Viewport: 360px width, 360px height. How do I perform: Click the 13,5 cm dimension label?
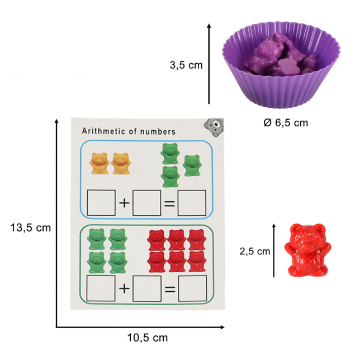pyautogui.click(x=31, y=228)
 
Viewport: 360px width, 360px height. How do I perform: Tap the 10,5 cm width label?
pyautogui.click(x=148, y=338)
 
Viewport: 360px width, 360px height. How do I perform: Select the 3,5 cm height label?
pyautogui.click(x=186, y=65)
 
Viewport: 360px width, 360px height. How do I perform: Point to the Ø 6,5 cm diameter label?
pyautogui.click(x=286, y=123)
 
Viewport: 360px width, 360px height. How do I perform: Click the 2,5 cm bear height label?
pyautogui.click(x=255, y=251)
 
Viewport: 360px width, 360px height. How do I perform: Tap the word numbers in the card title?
pyautogui.click(x=158, y=131)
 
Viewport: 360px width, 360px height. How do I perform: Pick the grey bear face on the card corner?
pyautogui.click(x=214, y=127)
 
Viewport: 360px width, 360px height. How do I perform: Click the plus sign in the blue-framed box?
pyautogui.click(x=124, y=203)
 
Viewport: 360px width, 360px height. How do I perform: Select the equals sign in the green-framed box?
pyautogui.click(x=170, y=289)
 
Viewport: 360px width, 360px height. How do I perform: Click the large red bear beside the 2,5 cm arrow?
pyautogui.click(x=307, y=250)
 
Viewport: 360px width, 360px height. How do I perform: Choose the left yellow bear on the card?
pyautogui.click(x=100, y=163)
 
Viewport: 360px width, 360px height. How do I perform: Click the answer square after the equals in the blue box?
pyautogui.click(x=192, y=203)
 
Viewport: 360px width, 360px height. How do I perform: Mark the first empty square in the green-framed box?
pyautogui.click(x=101, y=288)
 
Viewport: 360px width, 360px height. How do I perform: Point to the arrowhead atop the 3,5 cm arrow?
pyautogui.click(x=209, y=26)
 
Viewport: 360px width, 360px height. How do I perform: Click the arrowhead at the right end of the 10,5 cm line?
pyautogui.click(x=222, y=327)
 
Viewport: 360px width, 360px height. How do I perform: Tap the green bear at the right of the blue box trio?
pyautogui.click(x=192, y=165)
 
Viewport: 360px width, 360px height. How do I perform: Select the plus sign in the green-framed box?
pyautogui.click(x=124, y=288)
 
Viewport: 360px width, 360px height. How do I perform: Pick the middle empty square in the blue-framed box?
pyautogui.click(x=146, y=203)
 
